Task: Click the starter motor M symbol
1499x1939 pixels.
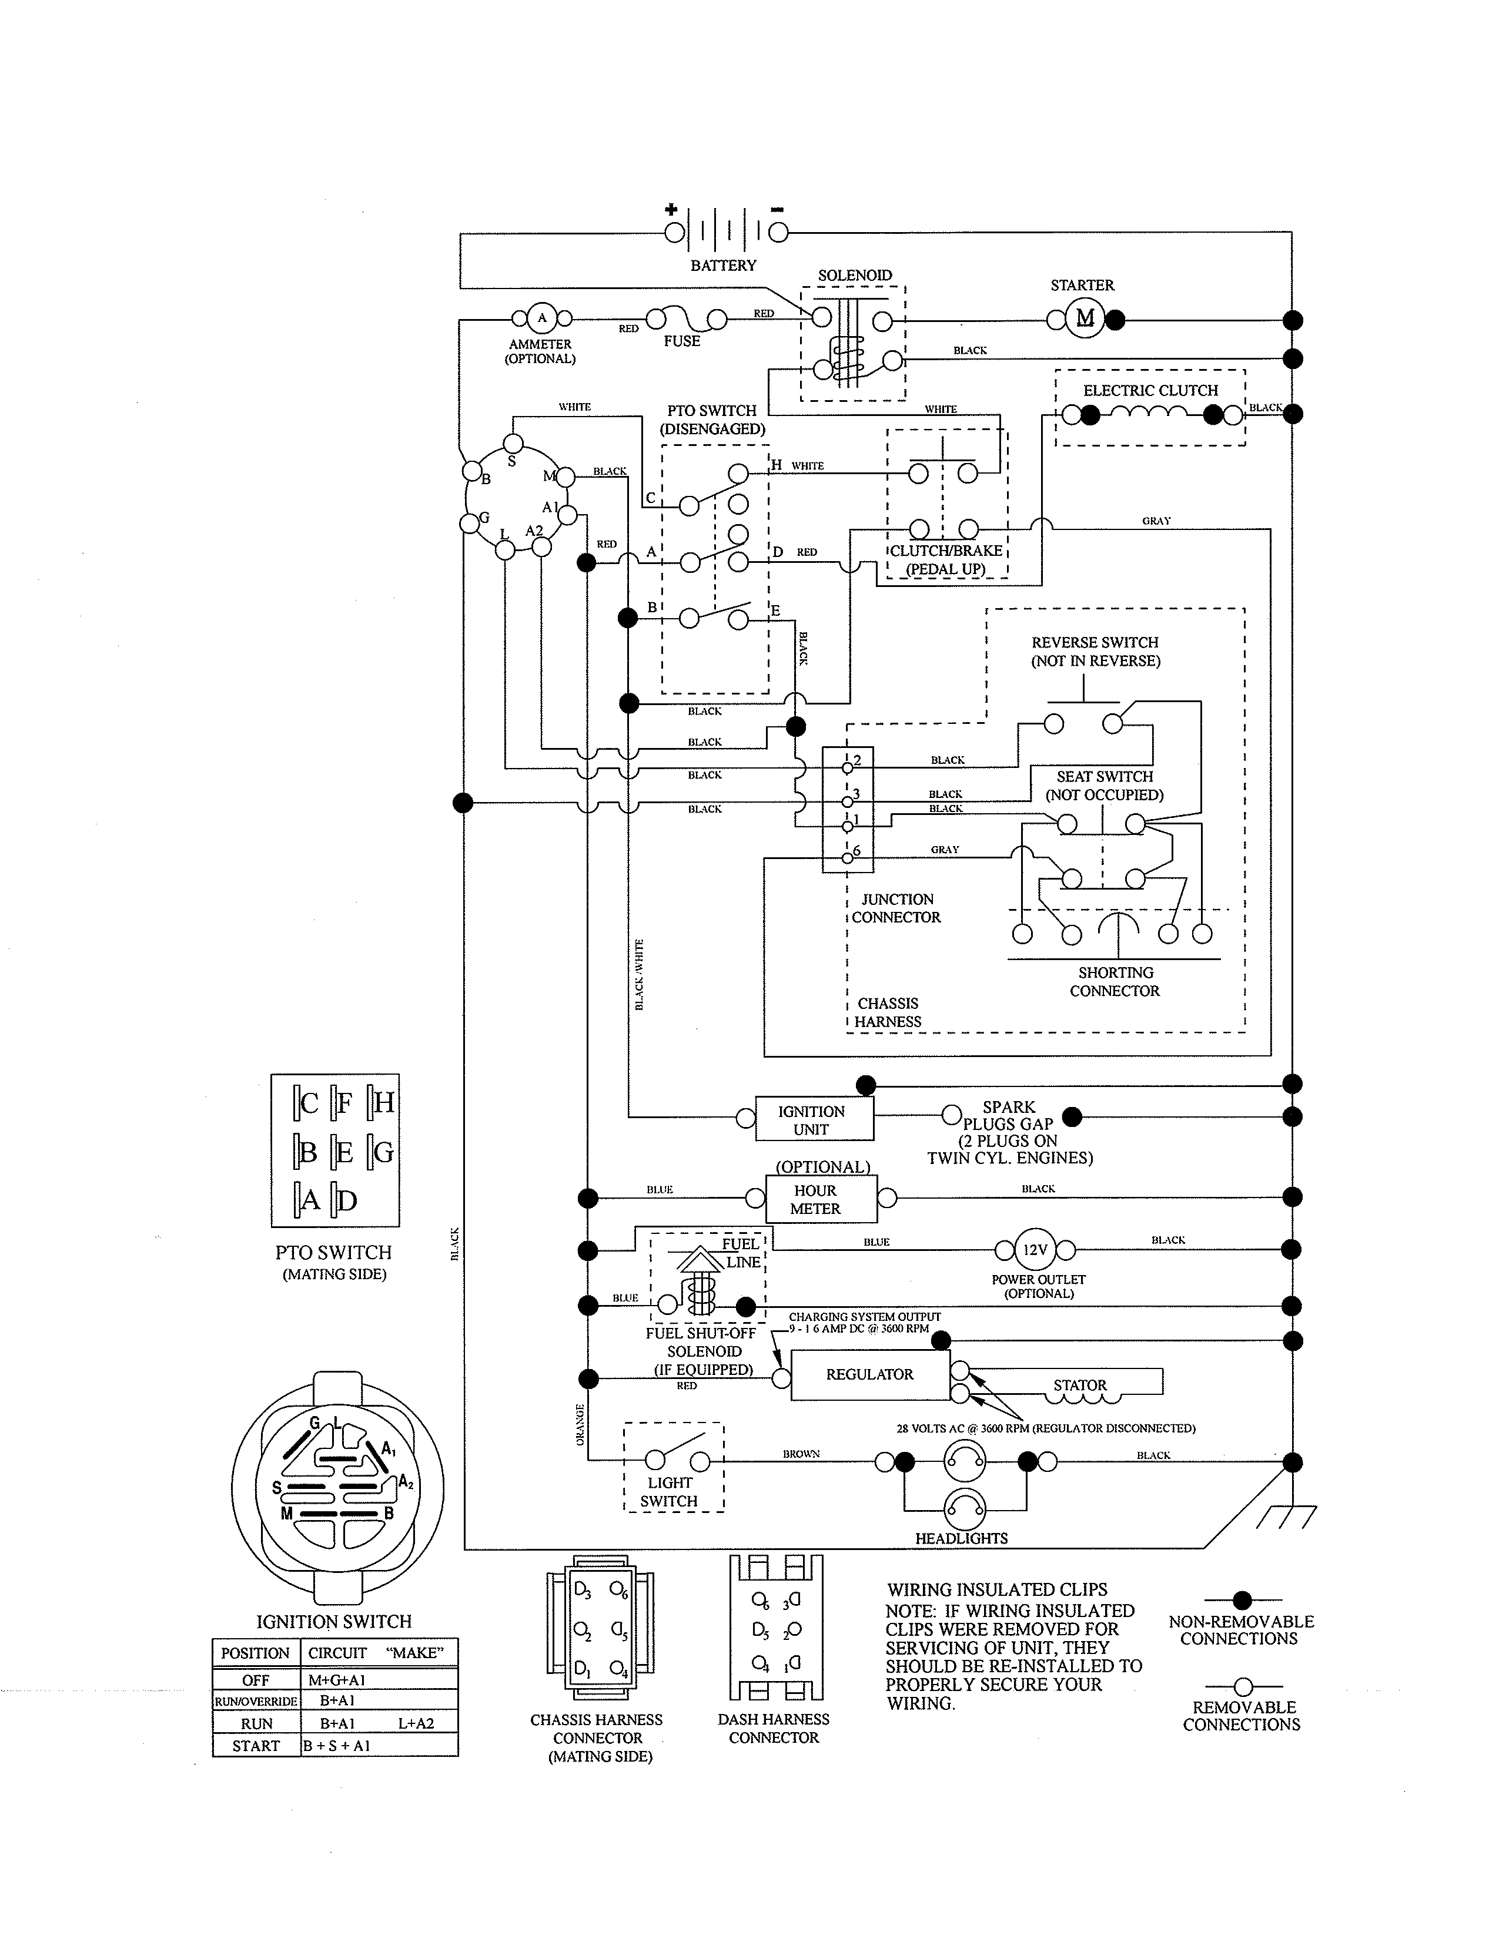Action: pos(1085,318)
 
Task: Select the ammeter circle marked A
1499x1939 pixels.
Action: pos(542,318)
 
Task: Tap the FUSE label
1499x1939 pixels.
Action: pos(681,341)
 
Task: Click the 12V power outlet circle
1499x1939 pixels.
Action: pos(1035,1250)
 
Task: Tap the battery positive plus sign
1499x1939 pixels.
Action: pos(671,210)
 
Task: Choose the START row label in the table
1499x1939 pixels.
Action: pos(256,1746)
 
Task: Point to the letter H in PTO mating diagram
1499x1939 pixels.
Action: pos(384,1103)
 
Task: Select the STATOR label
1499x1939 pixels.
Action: pos(1080,1385)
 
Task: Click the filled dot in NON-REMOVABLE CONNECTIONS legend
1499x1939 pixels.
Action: pos(1242,1601)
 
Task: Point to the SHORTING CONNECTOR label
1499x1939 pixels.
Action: pos(1115,982)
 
